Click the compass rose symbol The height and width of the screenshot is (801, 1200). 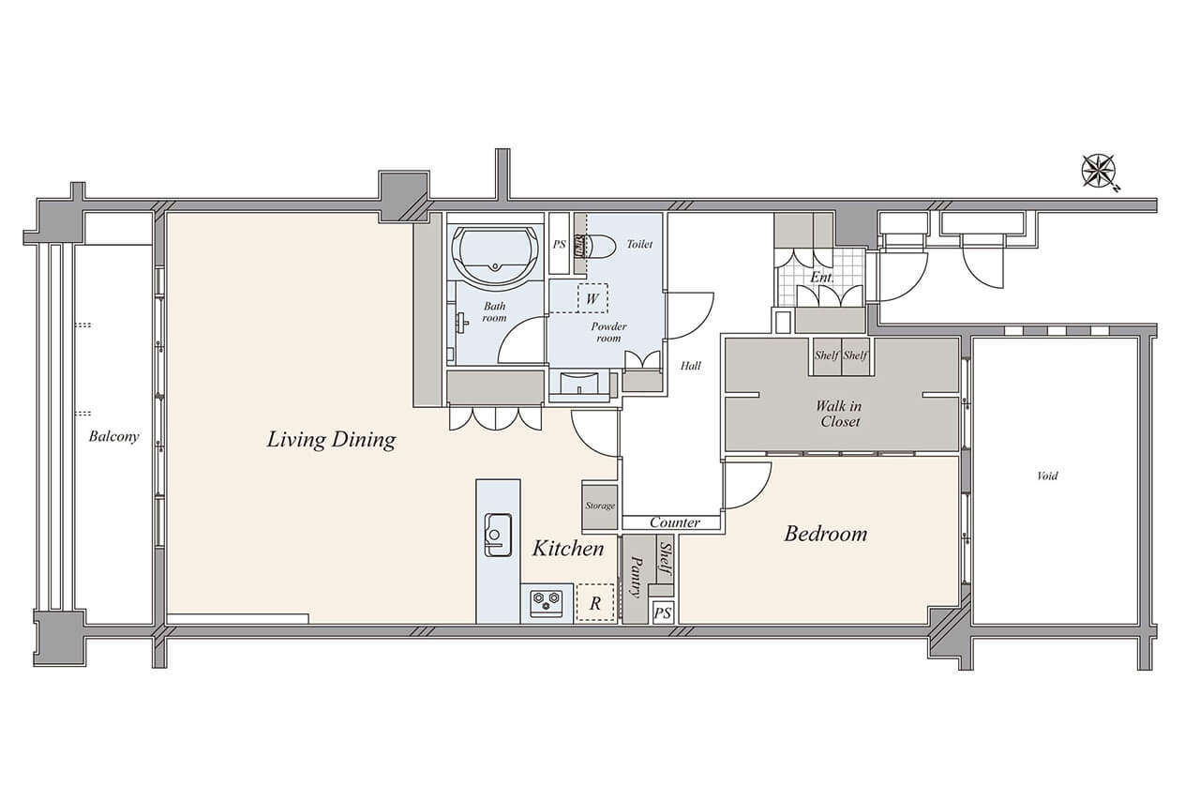coord(1099,172)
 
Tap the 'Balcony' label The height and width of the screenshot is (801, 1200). coord(113,436)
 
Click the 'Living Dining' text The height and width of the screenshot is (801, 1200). coord(332,440)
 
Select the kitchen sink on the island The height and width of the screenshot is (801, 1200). coord(498,535)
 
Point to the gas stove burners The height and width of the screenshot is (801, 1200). coord(547,600)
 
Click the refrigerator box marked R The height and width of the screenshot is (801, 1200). coord(595,603)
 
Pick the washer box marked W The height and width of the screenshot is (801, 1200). coord(592,298)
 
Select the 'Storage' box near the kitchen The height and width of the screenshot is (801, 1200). coord(600,506)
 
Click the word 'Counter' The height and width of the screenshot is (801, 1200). coord(675,522)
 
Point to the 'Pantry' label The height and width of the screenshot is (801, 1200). coord(636,577)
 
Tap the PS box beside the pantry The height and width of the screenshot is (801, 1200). coord(663,612)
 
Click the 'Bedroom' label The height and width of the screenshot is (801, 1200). coord(826,534)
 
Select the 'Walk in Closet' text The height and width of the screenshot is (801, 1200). coord(839,414)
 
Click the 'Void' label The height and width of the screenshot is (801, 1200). coord(1047,476)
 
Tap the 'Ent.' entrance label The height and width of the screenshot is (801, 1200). coord(822,278)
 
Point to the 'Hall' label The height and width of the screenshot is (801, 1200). coord(691,366)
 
